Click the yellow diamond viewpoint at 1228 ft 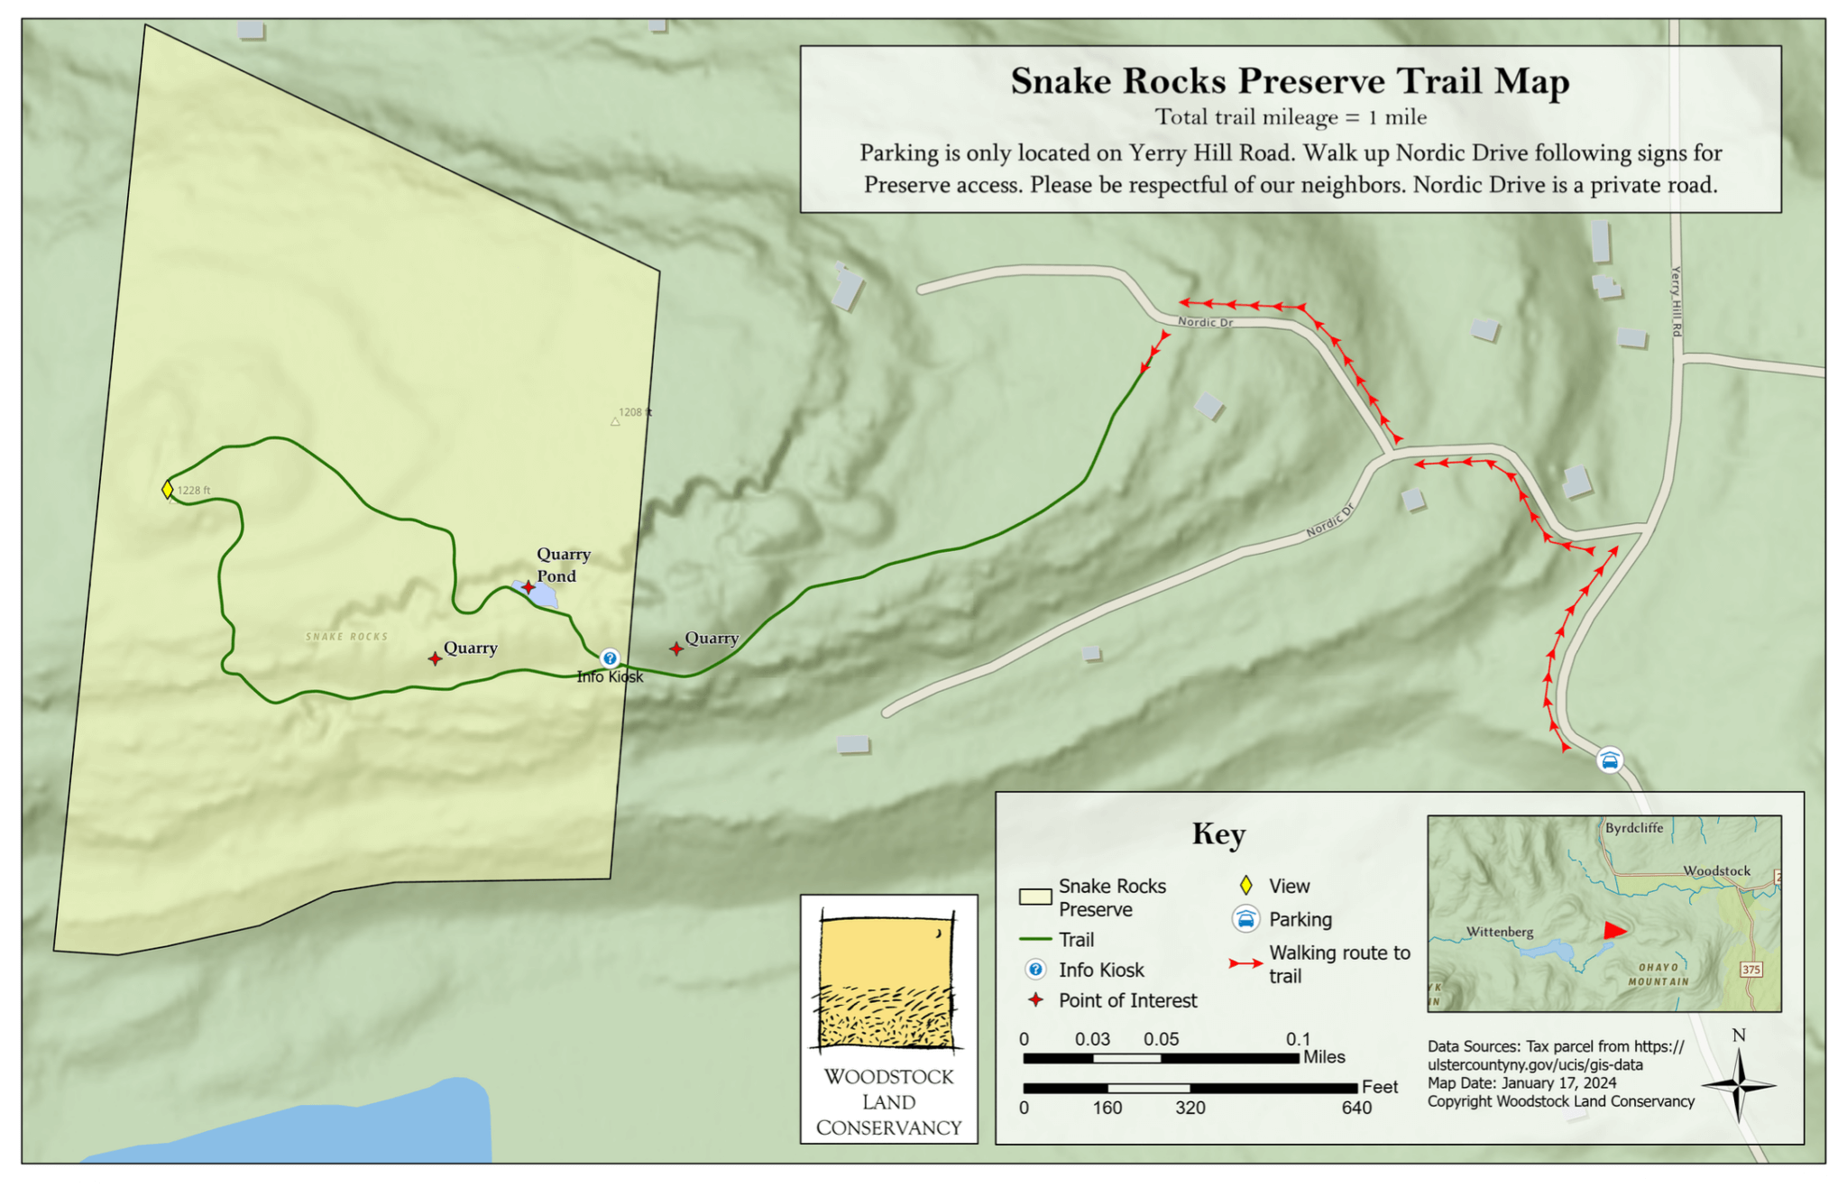point(168,489)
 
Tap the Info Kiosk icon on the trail point(610,658)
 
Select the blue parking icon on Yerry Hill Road point(1610,760)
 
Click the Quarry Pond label point(562,565)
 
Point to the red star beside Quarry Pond point(528,587)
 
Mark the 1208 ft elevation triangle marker point(615,421)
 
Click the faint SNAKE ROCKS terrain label point(347,637)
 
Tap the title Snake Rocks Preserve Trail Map point(1290,81)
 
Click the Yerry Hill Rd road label point(1676,301)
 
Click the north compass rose point(1738,1085)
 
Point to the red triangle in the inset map point(1613,930)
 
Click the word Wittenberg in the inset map point(1500,932)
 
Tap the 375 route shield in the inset point(1751,970)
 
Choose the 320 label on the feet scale point(1190,1108)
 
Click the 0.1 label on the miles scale point(1298,1039)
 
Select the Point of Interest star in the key point(1036,999)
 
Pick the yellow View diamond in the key point(1245,886)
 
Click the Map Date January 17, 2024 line point(1521,1082)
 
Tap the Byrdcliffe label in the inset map point(1633,828)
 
